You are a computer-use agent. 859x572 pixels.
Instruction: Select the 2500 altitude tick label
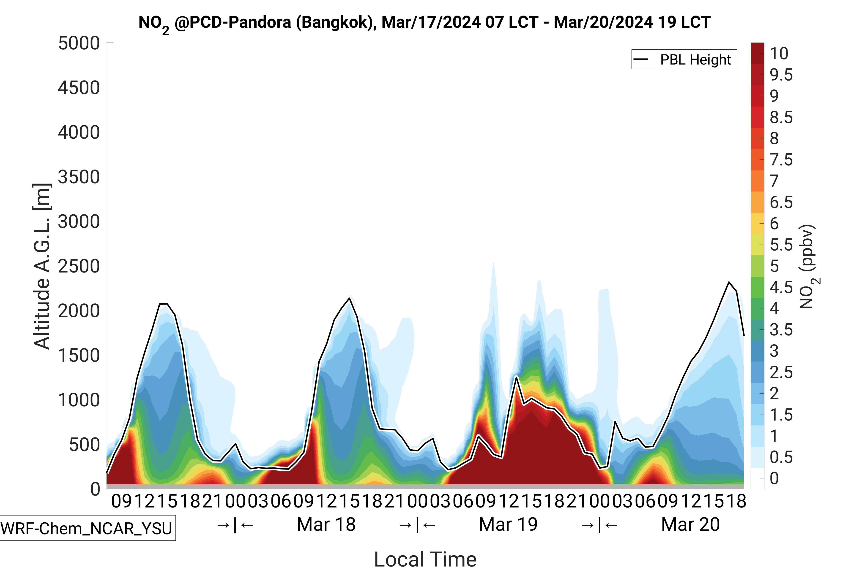pos(79,266)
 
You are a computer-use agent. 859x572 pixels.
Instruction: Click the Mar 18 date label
pos(326,525)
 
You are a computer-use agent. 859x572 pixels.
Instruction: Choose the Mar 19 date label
pos(508,525)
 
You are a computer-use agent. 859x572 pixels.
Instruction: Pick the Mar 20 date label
pos(690,525)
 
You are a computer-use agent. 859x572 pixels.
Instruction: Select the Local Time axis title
pos(425,559)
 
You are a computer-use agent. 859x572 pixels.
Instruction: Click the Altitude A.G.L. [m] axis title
pos(42,266)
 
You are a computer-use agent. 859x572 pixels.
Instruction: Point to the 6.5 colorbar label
pos(781,202)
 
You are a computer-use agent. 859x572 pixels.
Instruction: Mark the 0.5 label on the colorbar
pos(781,457)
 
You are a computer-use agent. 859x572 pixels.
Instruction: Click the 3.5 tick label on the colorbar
pos(781,330)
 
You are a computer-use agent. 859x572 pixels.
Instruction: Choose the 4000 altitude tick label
pos(79,132)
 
